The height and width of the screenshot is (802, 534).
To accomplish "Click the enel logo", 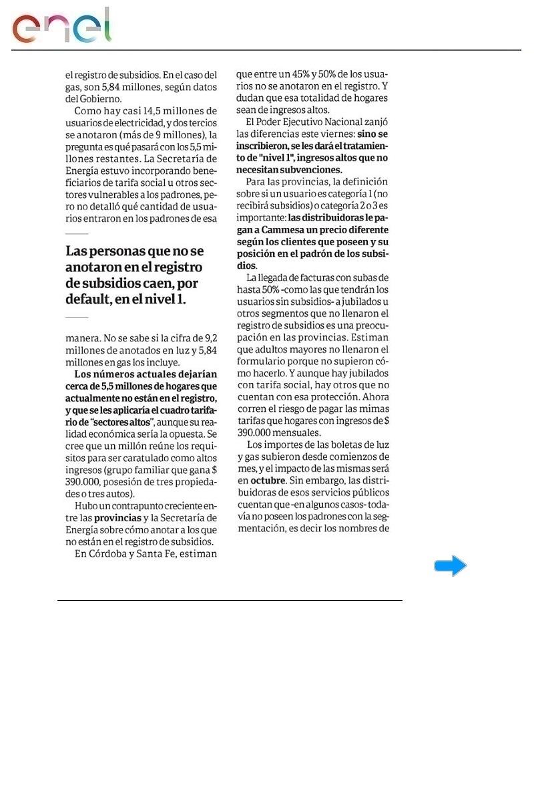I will [x=61, y=27].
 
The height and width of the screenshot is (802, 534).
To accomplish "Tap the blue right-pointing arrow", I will [x=451, y=566].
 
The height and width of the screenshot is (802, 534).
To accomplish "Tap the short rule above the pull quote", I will [x=77, y=234].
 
